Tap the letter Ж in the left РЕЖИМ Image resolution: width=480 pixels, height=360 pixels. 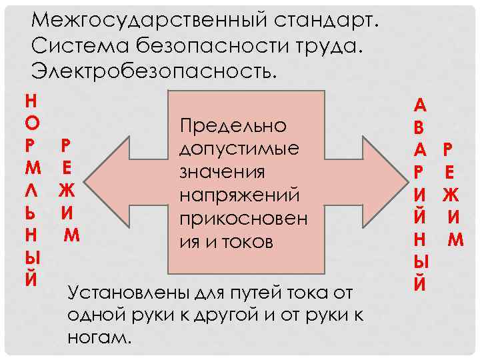click(x=66, y=191)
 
